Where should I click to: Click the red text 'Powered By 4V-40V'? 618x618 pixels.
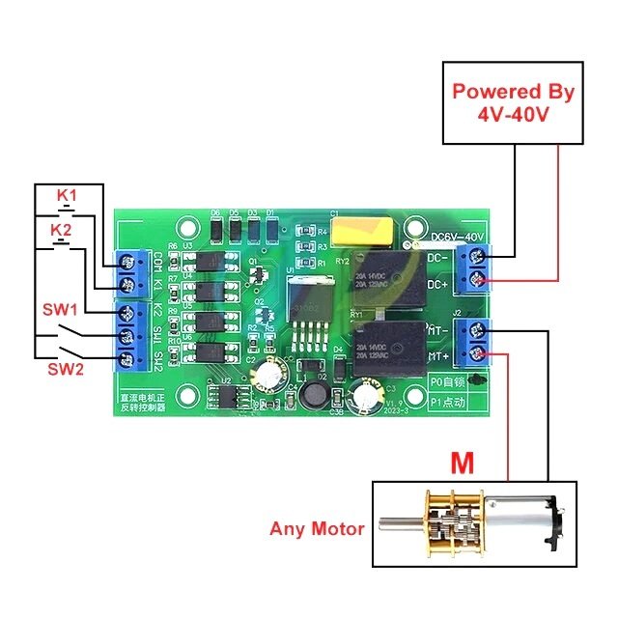pyautogui.click(x=514, y=102)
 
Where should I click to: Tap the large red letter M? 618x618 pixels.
pyautogui.click(x=463, y=463)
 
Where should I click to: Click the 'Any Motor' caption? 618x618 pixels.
pyautogui.click(x=317, y=528)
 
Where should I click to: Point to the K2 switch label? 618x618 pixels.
pyautogui.click(x=61, y=230)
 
